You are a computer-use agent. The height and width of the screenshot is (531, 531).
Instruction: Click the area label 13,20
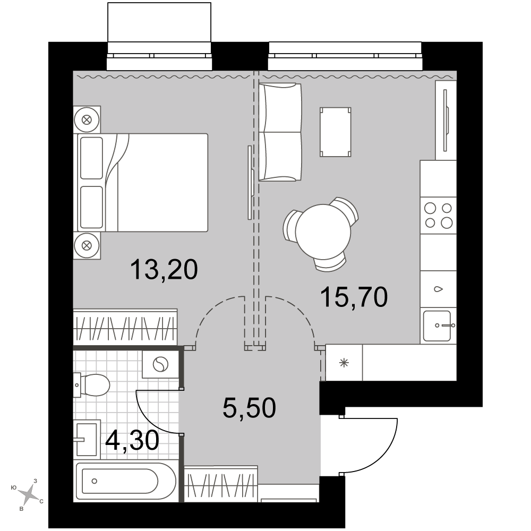[x=164, y=270]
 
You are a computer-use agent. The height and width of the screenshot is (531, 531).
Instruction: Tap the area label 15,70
[x=354, y=297]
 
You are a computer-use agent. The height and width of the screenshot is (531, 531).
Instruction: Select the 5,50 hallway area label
[x=249, y=408]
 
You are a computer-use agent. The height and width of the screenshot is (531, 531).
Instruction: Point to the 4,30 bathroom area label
[x=132, y=441]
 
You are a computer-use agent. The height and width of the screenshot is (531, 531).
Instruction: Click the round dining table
[x=323, y=232]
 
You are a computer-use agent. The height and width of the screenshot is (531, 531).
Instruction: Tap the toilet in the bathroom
[x=91, y=386]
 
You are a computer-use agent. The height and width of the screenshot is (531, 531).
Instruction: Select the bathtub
[x=126, y=481]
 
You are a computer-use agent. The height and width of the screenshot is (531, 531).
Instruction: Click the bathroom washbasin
[x=87, y=440]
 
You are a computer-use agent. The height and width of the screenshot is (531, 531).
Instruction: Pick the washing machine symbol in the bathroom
[x=160, y=364]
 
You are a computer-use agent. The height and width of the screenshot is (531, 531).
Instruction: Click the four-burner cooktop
[x=439, y=216]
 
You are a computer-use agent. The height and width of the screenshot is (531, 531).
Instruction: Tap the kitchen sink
[x=439, y=326]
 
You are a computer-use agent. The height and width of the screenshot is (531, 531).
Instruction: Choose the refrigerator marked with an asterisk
[x=344, y=363]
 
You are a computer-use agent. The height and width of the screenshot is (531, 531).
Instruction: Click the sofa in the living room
[x=280, y=132]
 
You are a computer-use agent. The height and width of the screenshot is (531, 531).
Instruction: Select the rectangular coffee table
[x=335, y=132]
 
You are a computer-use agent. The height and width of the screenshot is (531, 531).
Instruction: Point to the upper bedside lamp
[x=87, y=119]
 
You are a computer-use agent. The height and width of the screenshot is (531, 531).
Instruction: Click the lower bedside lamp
[x=87, y=245]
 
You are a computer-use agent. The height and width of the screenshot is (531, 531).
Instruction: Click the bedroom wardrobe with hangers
[x=125, y=327]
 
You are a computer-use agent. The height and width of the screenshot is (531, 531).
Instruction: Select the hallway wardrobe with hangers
[x=221, y=484]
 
